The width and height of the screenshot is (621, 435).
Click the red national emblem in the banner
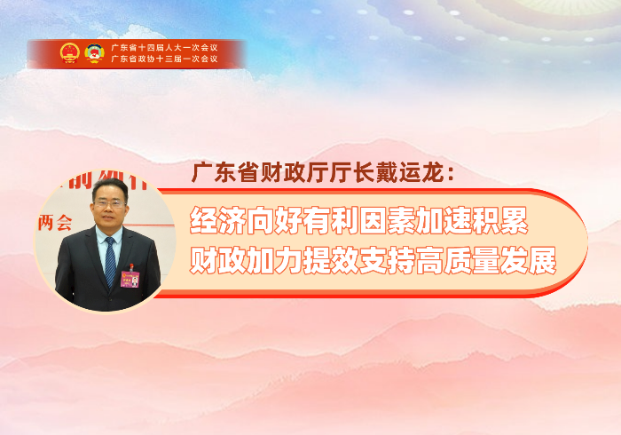click(x=70, y=52)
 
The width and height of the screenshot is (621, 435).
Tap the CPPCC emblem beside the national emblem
click(x=94, y=53)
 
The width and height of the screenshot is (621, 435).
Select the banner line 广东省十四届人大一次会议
click(x=164, y=48)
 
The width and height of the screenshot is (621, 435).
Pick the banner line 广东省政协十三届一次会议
click(x=164, y=59)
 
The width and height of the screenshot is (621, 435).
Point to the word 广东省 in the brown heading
click(x=225, y=173)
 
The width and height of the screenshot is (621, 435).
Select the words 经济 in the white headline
click(x=218, y=221)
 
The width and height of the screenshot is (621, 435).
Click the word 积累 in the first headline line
click(x=500, y=221)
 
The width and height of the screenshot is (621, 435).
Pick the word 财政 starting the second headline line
click(x=218, y=260)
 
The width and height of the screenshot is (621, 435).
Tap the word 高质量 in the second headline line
click(x=458, y=260)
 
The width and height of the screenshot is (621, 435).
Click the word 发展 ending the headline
click(x=529, y=260)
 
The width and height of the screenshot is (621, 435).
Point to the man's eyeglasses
click(x=109, y=204)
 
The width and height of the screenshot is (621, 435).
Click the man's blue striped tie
click(x=111, y=262)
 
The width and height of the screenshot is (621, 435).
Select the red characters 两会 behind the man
click(x=55, y=223)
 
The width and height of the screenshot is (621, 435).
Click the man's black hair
click(x=110, y=187)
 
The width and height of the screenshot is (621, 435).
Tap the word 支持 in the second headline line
click(x=388, y=260)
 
